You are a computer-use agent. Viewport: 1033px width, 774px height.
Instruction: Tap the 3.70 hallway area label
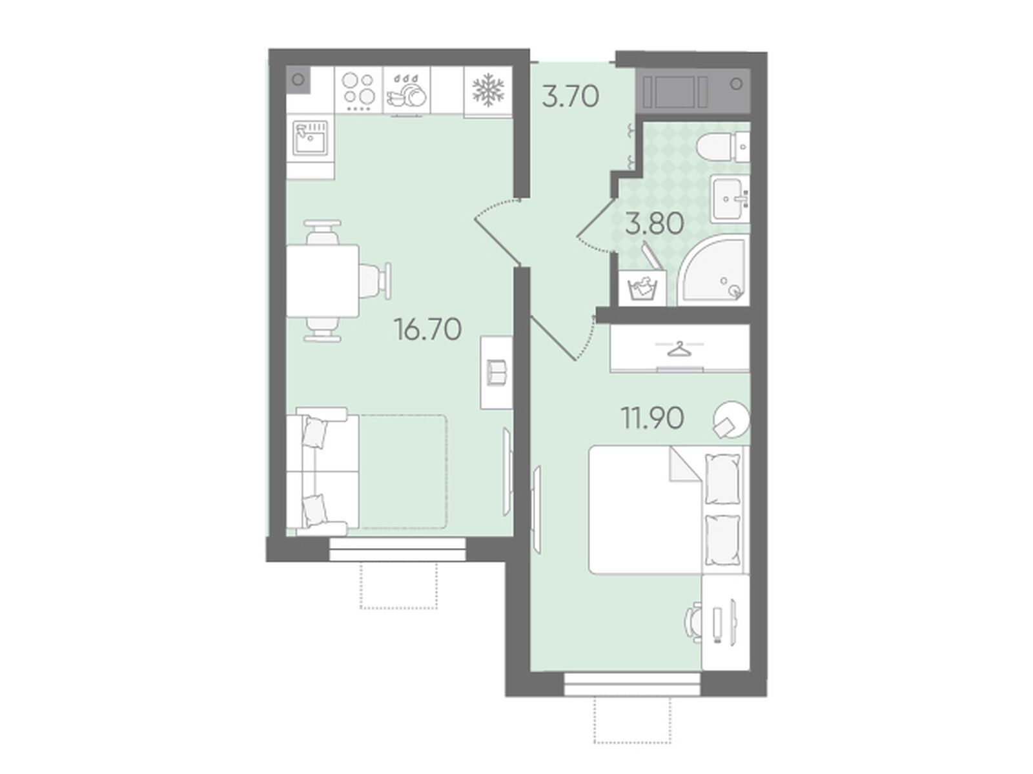point(570,96)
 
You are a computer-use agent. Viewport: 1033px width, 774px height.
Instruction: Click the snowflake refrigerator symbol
point(487,89)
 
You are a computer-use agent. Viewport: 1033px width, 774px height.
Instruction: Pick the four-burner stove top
point(358,90)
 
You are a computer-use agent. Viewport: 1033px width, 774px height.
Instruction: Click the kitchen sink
point(310,137)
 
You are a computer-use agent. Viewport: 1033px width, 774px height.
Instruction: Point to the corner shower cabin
point(713,270)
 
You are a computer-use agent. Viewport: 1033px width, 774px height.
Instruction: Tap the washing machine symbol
point(642,288)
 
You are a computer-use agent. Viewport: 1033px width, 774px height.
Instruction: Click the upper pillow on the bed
point(722,480)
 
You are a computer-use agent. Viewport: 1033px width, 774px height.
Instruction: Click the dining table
point(323,281)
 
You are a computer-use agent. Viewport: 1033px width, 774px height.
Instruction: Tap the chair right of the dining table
point(376,281)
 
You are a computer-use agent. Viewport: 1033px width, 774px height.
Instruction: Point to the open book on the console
point(497,372)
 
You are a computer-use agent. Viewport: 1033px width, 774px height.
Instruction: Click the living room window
point(397,549)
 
